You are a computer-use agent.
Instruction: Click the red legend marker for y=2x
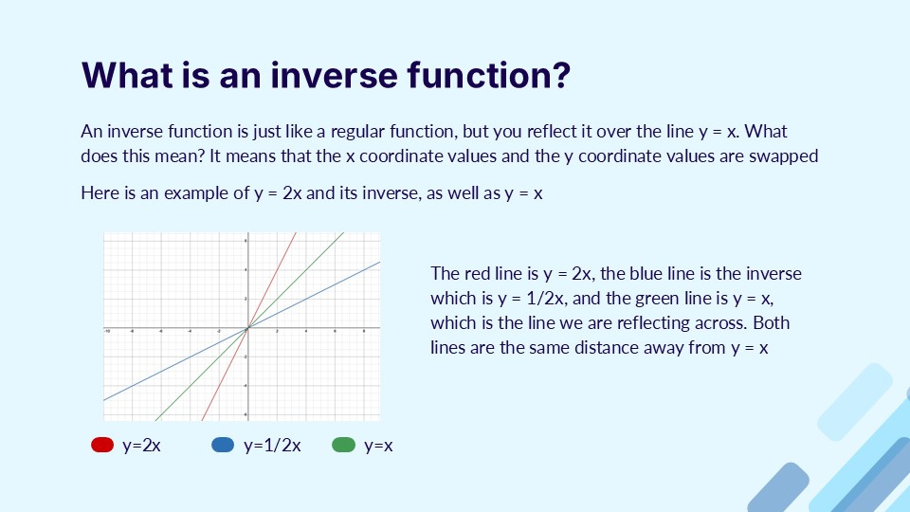[x=102, y=445]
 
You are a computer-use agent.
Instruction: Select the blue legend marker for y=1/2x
[x=223, y=445]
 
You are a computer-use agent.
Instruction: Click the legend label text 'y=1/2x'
[x=272, y=445]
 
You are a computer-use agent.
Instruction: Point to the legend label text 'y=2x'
[x=142, y=445]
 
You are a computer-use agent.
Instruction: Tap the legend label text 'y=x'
[x=378, y=445]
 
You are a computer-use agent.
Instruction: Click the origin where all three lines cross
[x=246, y=328]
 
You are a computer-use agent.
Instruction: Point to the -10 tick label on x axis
[x=107, y=332]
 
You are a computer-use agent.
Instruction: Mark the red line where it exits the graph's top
[x=296, y=232]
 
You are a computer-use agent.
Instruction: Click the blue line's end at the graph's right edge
[x=379, y=262]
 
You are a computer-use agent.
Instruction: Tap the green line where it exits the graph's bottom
[x=156, y=418]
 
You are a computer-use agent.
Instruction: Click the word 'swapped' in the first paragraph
[x=788, y=156]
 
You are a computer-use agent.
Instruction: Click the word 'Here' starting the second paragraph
[x=99, y=193]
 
